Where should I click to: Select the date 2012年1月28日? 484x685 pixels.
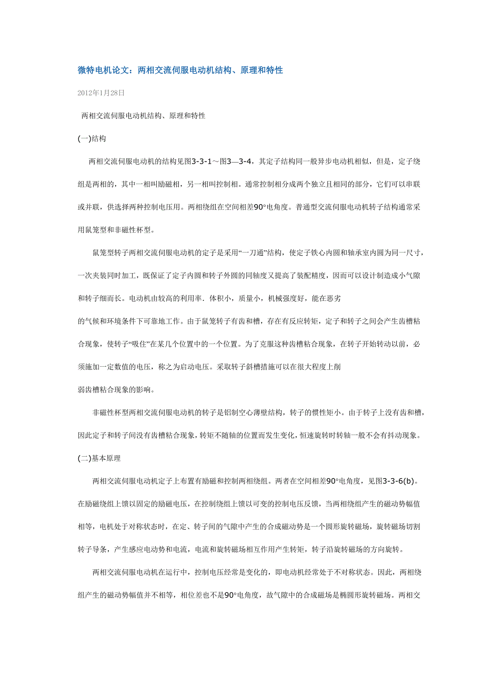[101, 93]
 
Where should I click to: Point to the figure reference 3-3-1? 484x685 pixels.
[205, 162]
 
